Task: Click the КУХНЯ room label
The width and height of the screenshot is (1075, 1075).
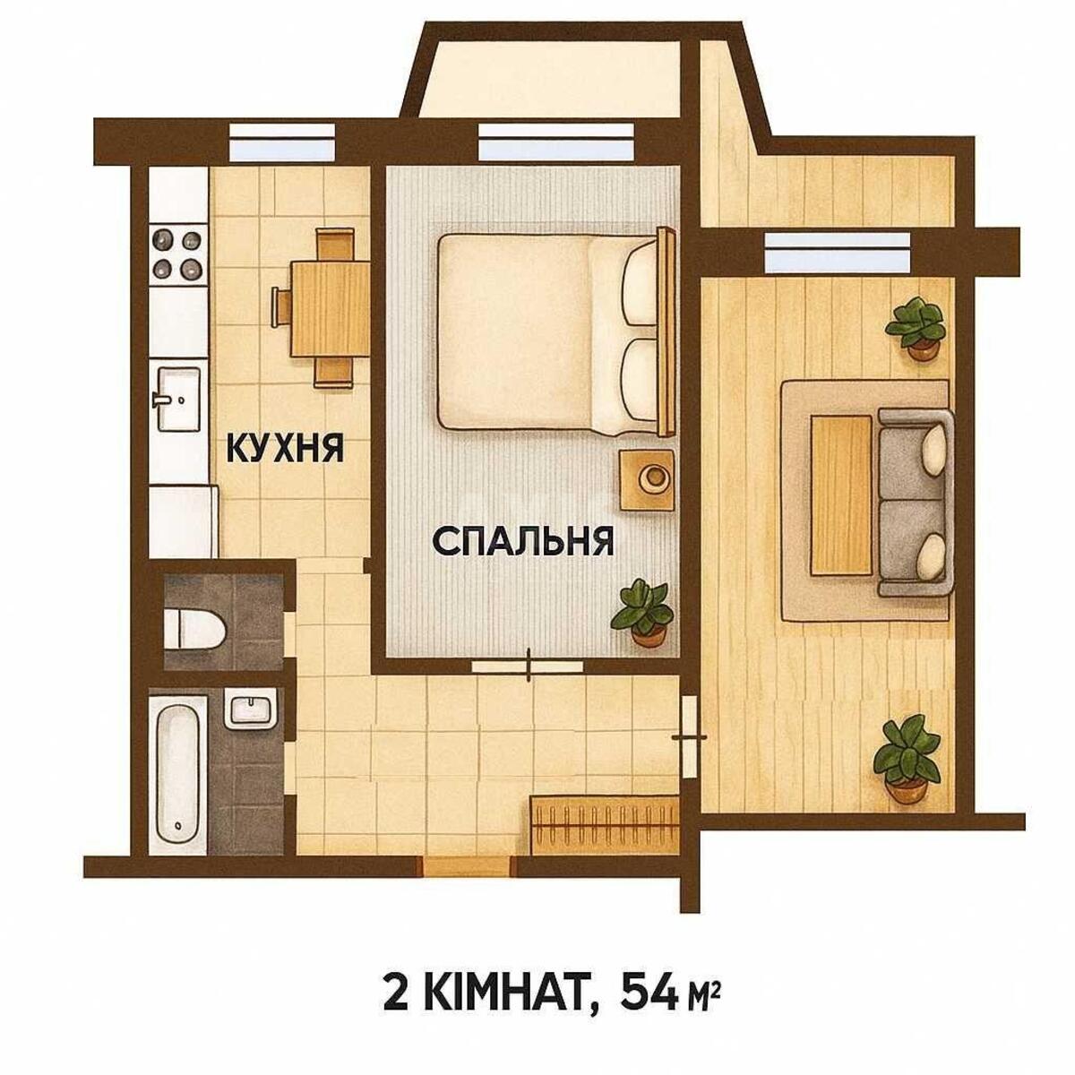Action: pyautogui.click(x=285, y=447)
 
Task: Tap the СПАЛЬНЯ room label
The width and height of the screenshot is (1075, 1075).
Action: pyautogui.click(x=523, y=541)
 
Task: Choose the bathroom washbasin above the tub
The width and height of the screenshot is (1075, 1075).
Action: pyautogui.click(x=250, y=711)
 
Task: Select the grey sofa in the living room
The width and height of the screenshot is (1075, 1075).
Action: pyautogui.click(x=916, y=502)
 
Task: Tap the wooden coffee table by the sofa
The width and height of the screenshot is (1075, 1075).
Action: pyautogui.click(x=841, y=494)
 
